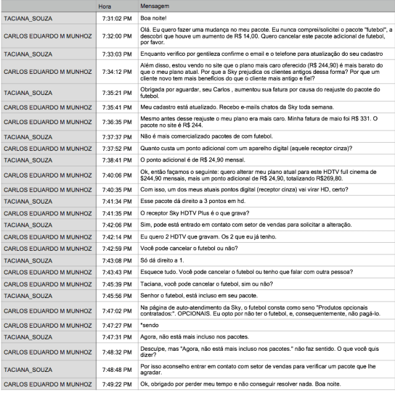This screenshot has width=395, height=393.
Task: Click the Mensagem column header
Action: pyautogui.click(x=155, y=6)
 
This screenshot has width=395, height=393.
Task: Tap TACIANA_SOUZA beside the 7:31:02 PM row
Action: pyautogui.click(x=28, y=19)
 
